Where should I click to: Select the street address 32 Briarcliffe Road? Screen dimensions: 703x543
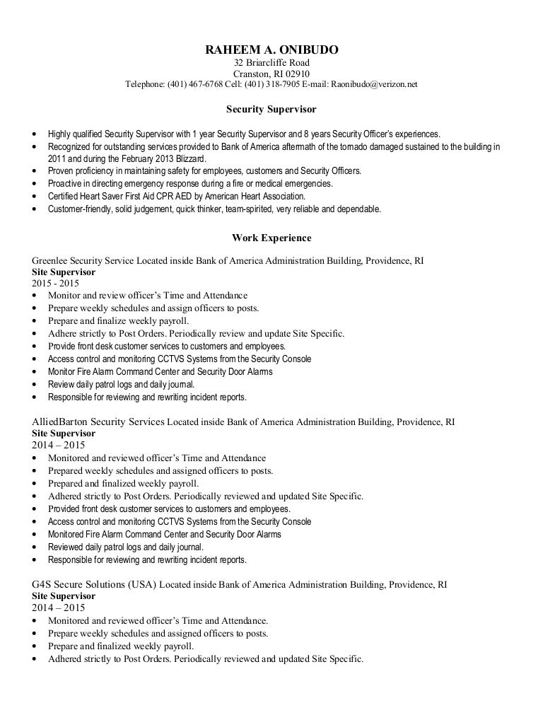(271, 63)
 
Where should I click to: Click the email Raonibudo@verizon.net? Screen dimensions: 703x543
(374, 84)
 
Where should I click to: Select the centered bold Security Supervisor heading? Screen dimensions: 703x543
(271, 110)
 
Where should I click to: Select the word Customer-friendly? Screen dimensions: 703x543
(75, 209)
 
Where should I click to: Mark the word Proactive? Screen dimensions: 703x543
(64, 184)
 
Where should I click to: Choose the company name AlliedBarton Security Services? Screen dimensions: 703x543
(98, 422)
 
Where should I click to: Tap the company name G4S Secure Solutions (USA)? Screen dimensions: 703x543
(93, 585)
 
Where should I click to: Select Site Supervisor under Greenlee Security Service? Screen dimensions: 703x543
(64, 272)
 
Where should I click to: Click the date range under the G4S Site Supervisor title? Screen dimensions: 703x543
(59, 608)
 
